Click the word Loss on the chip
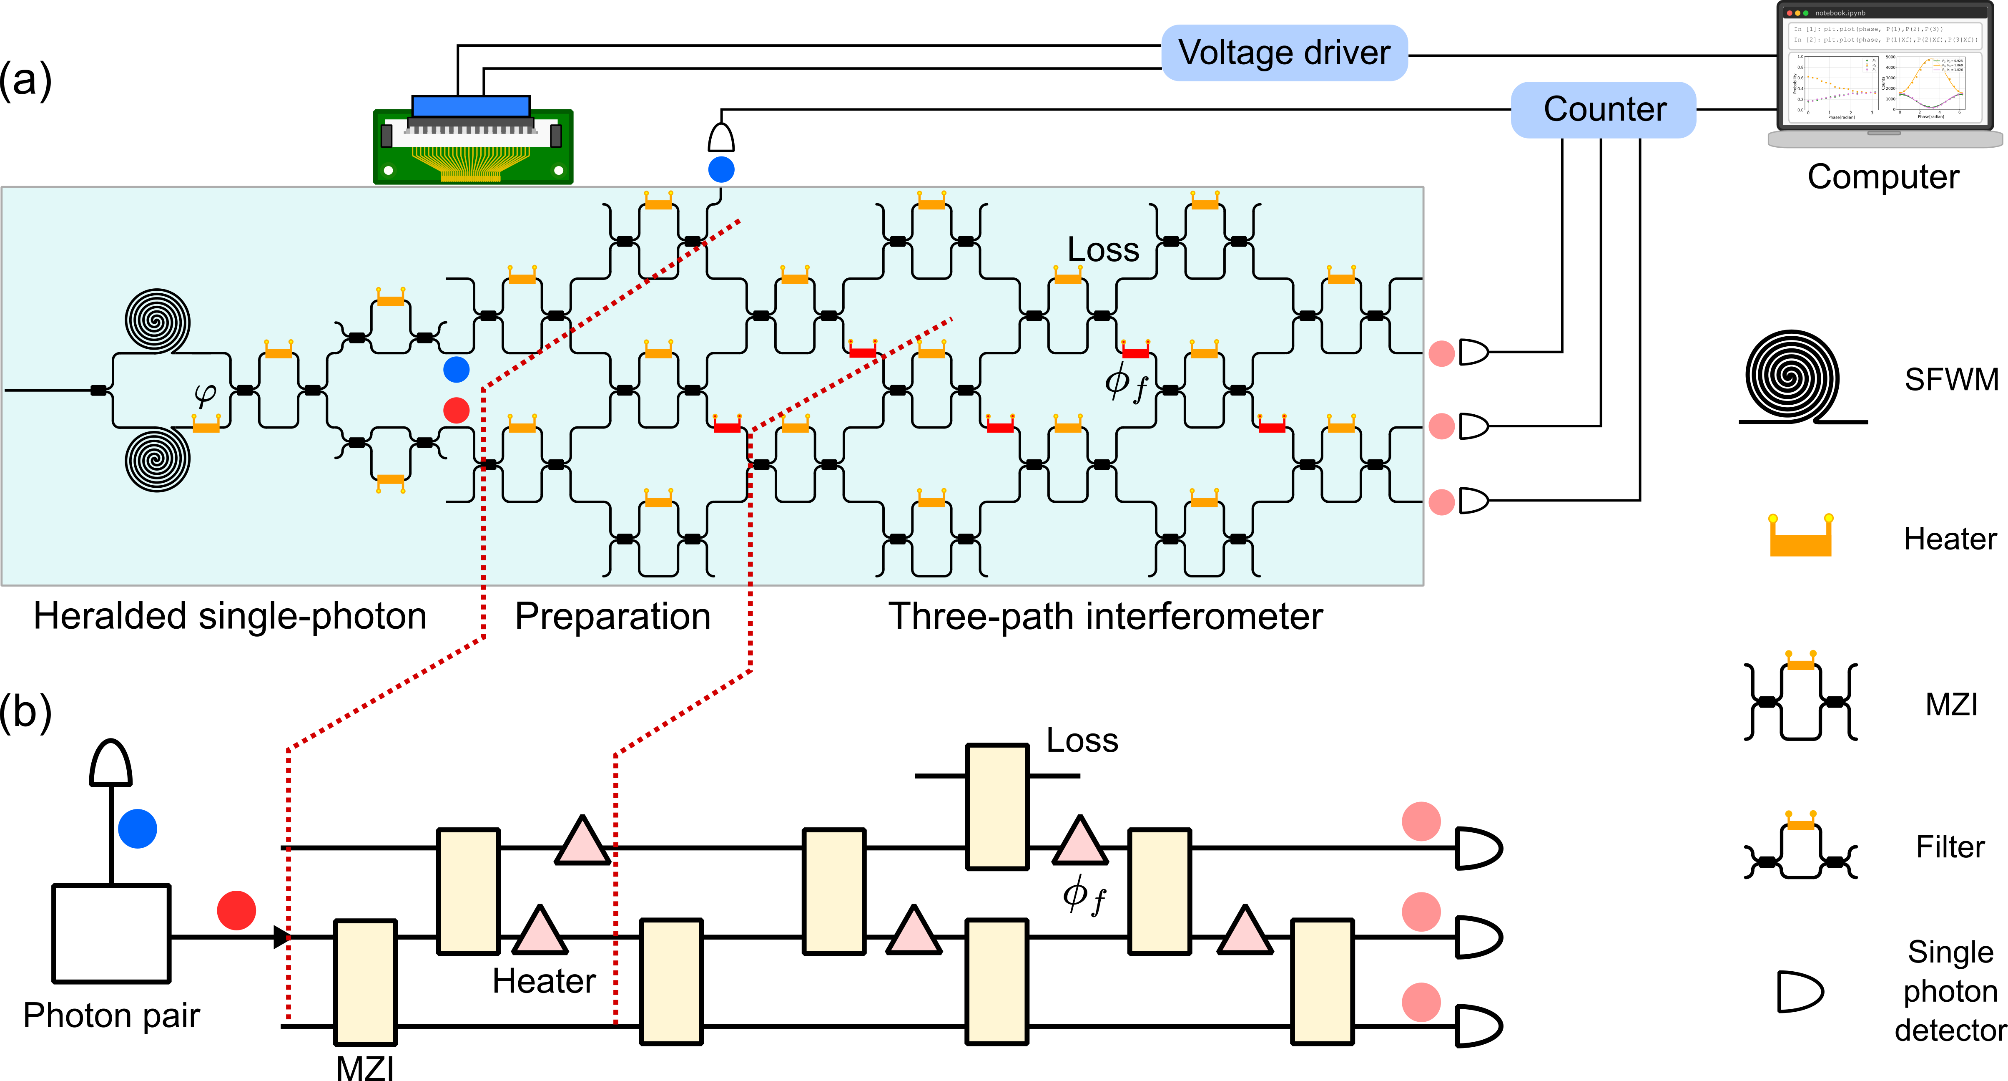pyautogui.click(x=1103, y=249)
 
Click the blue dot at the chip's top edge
pyautogui.click(x=721, y=169)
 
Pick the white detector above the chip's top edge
pyautogui.click(x=721, y=138)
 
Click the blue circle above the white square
pyautogui.click(x=137, y=828)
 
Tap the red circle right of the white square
pyautogui.click(x=236, y=910)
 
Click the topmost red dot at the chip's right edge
pyautogui.click(x=1441, y=353)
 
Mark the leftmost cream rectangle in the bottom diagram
pyautogui.click(x=365, y=982)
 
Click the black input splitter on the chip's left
pyautogui.click(x=98, y=390)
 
